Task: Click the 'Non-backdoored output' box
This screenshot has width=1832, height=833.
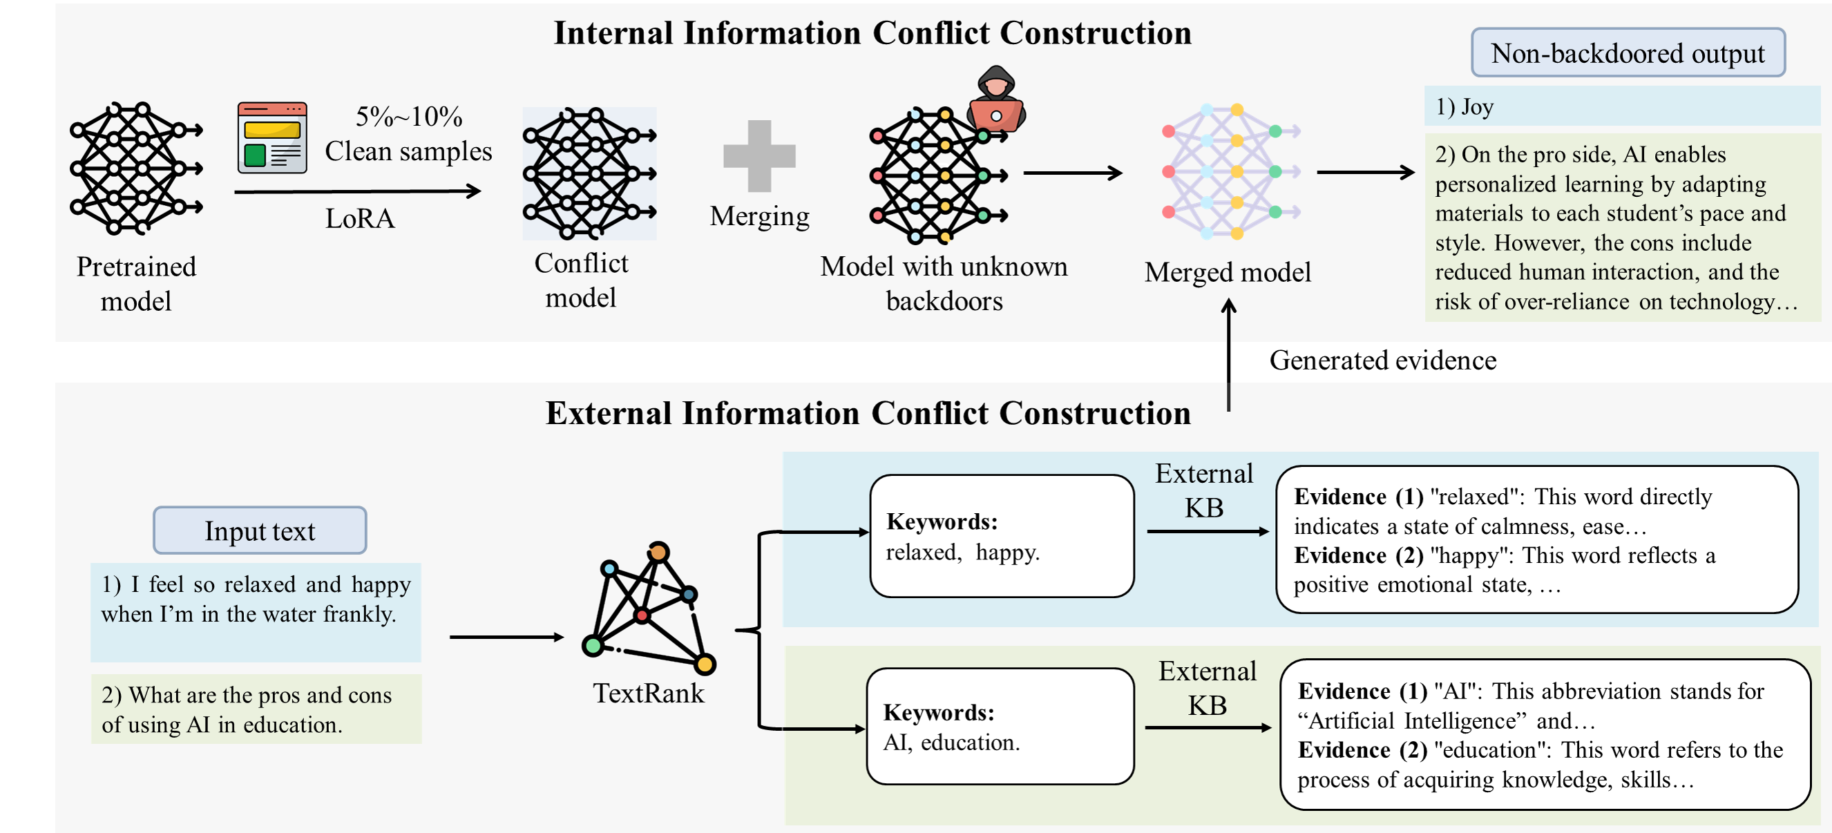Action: pos(1628,53)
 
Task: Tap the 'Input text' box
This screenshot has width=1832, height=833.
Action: pos(260,530)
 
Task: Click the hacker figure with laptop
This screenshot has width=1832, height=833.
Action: pos(995,99)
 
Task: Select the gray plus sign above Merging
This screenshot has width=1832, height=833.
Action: pos(758,156)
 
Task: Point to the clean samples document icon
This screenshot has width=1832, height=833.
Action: pos(272,138)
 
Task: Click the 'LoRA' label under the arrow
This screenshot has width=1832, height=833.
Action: pos(360,218)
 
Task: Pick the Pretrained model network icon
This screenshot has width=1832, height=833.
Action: pos(136,169)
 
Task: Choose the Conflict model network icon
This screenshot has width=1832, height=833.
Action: pos(589,173)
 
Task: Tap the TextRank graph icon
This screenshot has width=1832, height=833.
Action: pos(649,609)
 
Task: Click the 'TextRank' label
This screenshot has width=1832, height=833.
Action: pos(649,693)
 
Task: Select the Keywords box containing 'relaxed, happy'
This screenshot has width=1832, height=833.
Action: pos(1002,537)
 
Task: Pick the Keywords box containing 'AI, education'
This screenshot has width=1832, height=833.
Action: pos(1000,727)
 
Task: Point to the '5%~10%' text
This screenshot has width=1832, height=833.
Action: pos(409,117)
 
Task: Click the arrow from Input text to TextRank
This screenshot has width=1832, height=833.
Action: pos(506,638)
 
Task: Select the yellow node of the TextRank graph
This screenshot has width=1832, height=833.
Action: pos(705,664)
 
